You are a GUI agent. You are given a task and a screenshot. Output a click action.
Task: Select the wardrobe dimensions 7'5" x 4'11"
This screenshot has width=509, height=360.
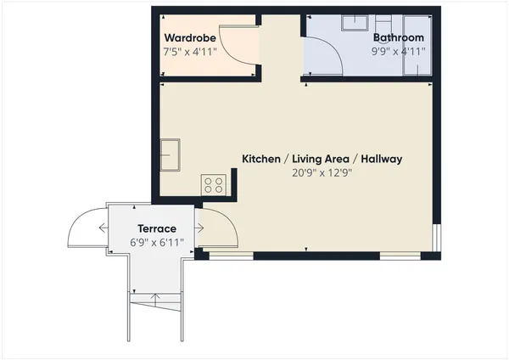pos(190,52)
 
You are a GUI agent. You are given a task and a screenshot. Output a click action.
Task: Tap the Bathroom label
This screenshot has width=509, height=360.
pos(398,38)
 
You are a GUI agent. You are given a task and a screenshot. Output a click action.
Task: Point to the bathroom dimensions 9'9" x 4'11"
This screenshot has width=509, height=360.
pos(398,52)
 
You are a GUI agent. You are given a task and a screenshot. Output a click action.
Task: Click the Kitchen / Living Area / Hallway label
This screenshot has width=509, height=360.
pos(322,159)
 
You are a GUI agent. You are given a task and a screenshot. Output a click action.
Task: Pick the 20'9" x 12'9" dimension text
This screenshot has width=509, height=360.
pos(322,172)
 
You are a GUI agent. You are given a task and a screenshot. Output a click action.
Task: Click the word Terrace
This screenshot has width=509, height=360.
pos(157,229)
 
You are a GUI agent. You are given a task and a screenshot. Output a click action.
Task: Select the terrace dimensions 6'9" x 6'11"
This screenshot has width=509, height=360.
pos(157,243)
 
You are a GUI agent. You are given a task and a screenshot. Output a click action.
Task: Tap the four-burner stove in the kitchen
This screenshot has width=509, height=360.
pos(213,183)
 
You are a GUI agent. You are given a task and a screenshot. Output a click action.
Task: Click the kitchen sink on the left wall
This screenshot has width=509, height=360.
pos(171,155)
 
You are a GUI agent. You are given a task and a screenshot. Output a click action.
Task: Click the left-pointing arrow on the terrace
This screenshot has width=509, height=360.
pos(103,228)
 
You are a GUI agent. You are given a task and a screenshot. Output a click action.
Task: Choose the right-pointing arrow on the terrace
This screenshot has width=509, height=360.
pos(199,228)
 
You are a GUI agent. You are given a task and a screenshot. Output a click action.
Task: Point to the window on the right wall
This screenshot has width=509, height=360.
pos(436,238)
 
